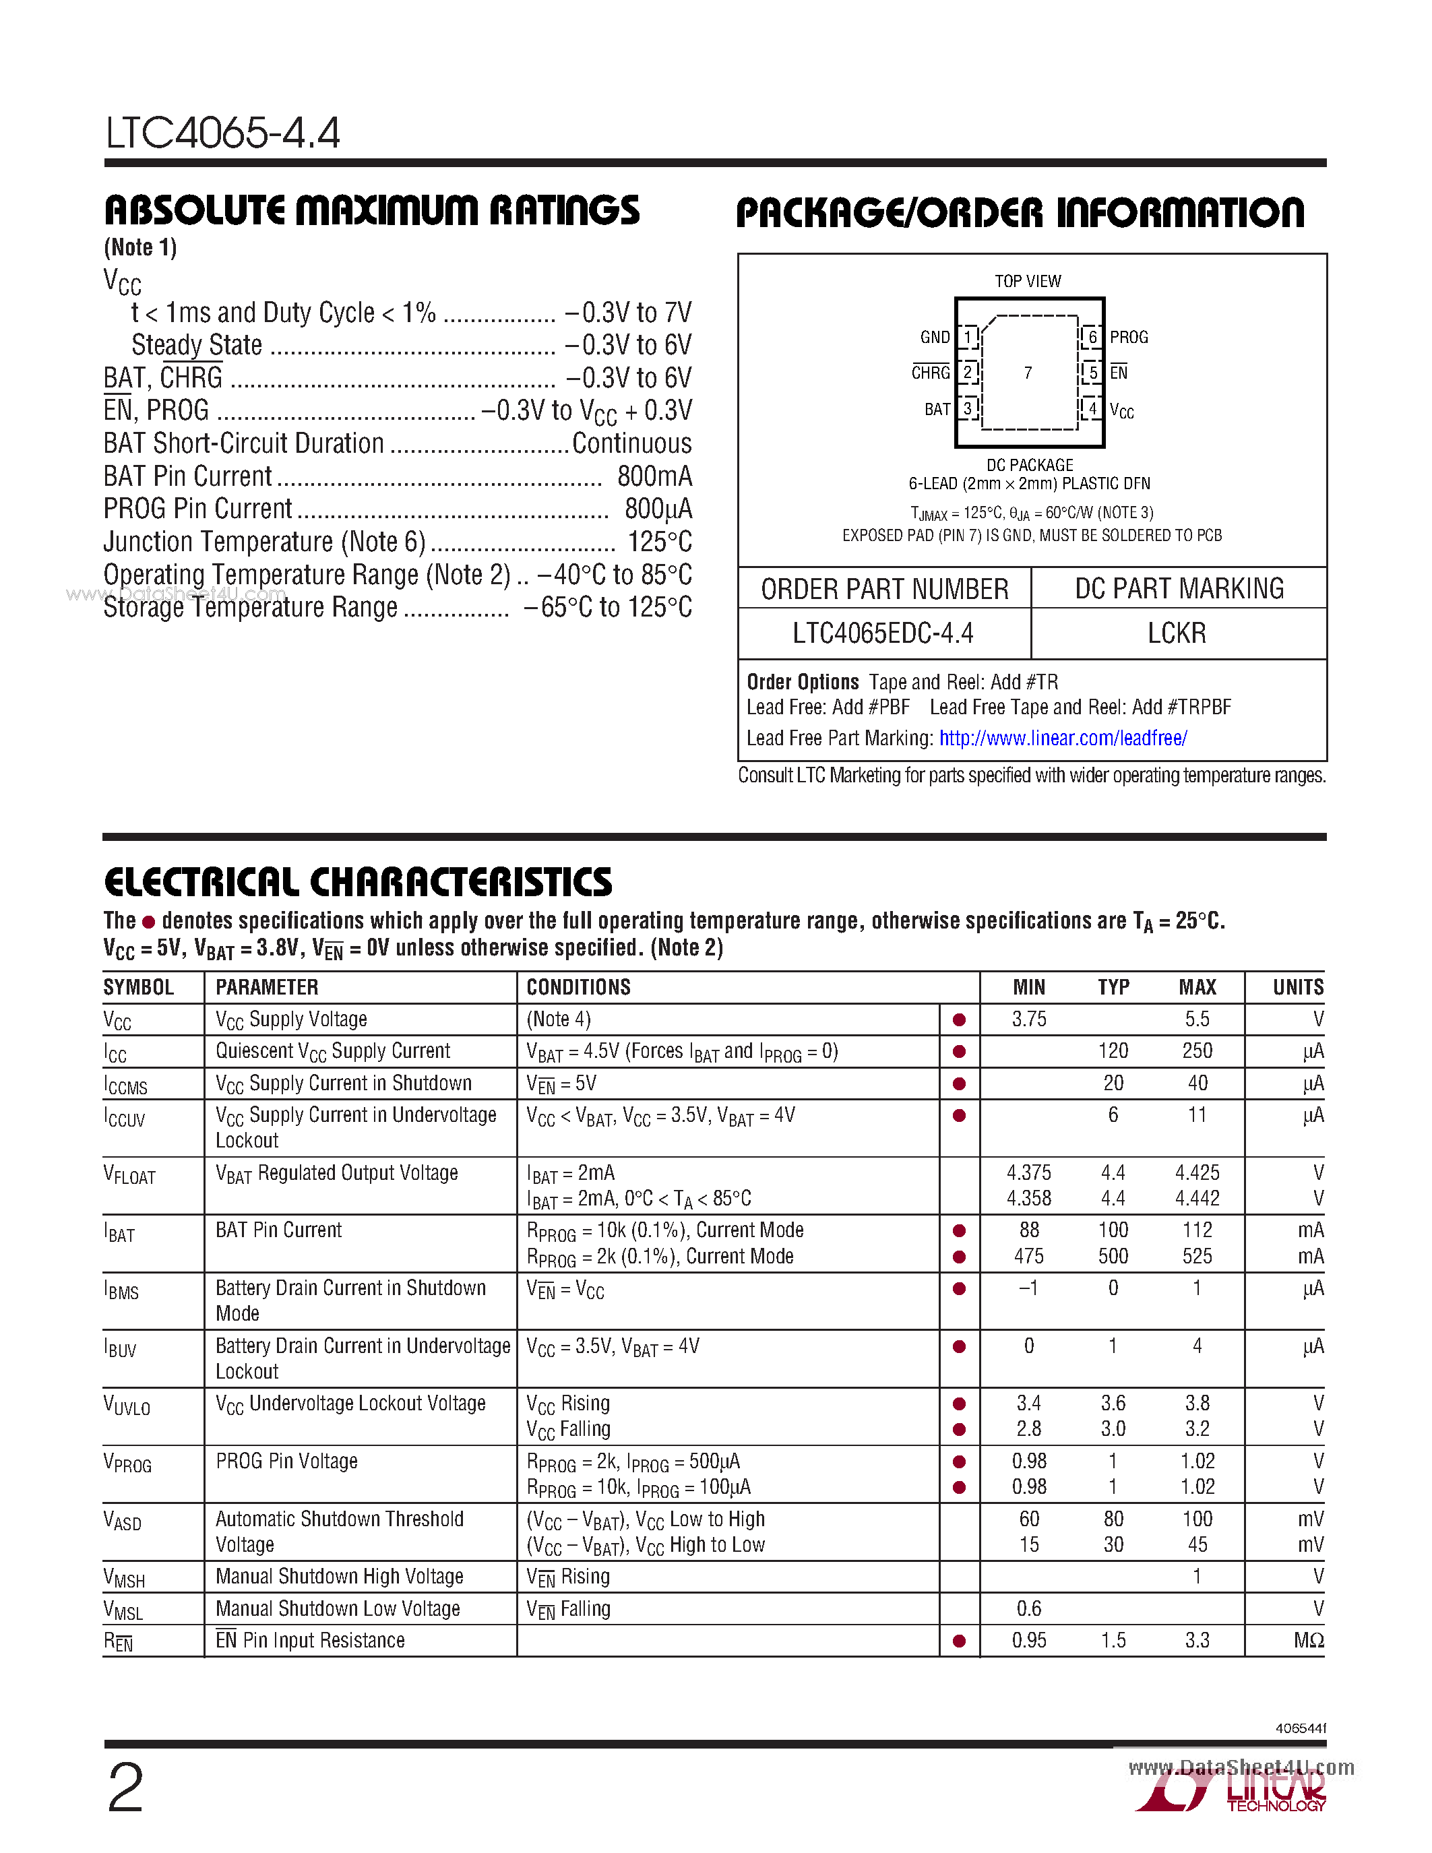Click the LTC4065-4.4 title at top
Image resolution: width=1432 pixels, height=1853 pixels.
pos(222,133)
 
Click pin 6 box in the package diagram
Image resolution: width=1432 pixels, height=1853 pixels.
pos(1092,337)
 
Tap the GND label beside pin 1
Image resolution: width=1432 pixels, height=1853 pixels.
pos(935,337)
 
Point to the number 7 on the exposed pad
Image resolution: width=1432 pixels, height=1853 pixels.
pos(1028,373)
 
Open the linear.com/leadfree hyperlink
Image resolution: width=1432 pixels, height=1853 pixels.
pos(1063,738)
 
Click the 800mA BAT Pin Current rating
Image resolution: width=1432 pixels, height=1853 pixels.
pos(654,476)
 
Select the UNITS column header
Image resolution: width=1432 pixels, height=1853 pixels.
pos(1298,986)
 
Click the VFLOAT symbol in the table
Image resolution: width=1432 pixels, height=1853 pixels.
pos(130,1175)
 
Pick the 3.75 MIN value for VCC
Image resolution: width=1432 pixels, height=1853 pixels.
pos(1029,1019)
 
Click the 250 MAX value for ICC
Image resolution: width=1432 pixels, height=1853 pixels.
pos(1197,1051)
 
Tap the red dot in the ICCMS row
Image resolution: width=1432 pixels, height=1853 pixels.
pos(960,1083)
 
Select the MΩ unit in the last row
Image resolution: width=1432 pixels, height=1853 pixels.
pos(1308,1641)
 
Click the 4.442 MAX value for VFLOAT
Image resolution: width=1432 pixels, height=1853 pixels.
pos(1197,1199)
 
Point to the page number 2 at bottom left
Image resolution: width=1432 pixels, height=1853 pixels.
pos(125,1788)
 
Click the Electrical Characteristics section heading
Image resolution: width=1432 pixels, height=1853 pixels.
pos(357,883)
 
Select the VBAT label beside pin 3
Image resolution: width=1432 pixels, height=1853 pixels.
pos(937,410)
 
